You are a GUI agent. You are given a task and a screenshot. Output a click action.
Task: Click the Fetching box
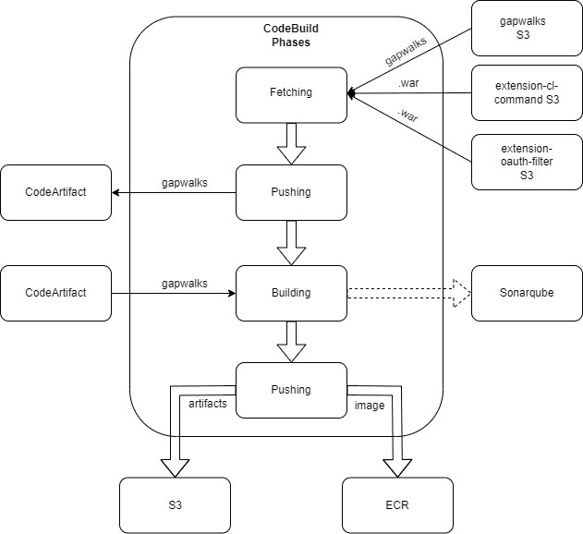291,93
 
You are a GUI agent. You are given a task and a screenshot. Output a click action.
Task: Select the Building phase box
291,293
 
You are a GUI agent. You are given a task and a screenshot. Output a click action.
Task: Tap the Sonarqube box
527,293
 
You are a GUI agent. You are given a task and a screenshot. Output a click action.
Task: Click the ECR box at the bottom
397,504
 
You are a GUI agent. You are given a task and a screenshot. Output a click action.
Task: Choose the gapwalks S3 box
527,28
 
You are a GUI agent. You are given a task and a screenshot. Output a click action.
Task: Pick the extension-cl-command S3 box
527,92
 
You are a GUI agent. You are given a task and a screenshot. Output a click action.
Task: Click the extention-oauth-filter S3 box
527,162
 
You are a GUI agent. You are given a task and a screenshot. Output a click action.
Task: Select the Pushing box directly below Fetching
291,193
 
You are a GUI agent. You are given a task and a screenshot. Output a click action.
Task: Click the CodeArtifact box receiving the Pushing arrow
55,193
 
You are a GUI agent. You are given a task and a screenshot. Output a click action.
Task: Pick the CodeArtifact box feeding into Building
55,293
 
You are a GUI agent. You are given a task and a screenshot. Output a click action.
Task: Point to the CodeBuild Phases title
291,36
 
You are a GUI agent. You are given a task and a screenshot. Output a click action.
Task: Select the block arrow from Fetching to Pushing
291,143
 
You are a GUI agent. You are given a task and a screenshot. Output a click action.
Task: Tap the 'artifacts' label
208,405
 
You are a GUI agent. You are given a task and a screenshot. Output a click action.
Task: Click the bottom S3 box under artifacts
176,504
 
